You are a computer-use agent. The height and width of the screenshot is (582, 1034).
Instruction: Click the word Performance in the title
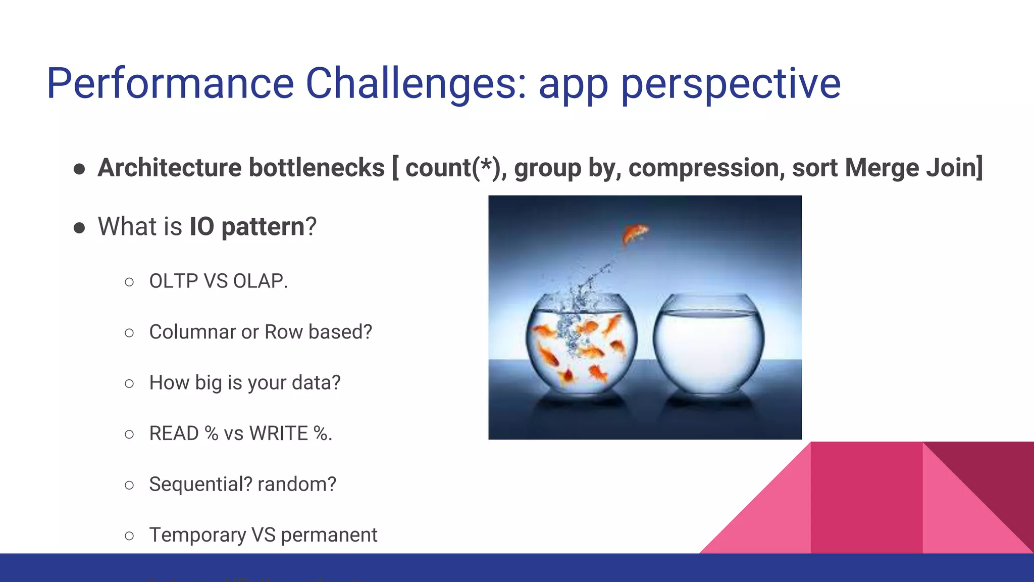[170, 83]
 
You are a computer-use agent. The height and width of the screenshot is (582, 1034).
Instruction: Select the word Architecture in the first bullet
[170, 168]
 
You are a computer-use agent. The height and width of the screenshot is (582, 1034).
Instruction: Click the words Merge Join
[913, 168]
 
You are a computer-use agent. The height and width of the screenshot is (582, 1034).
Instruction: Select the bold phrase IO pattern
[247, 226]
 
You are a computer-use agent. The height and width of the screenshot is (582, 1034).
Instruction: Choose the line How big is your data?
[245, 382]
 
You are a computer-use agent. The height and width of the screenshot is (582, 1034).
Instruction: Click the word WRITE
[278, 433]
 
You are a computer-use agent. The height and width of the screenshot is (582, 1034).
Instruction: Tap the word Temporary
[197, 535]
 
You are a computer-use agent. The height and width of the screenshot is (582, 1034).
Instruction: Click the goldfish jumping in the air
[635, 233]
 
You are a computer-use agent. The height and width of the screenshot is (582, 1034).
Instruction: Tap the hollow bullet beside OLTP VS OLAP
[129, 282]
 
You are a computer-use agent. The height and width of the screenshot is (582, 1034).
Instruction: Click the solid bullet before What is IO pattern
[79, 227]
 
